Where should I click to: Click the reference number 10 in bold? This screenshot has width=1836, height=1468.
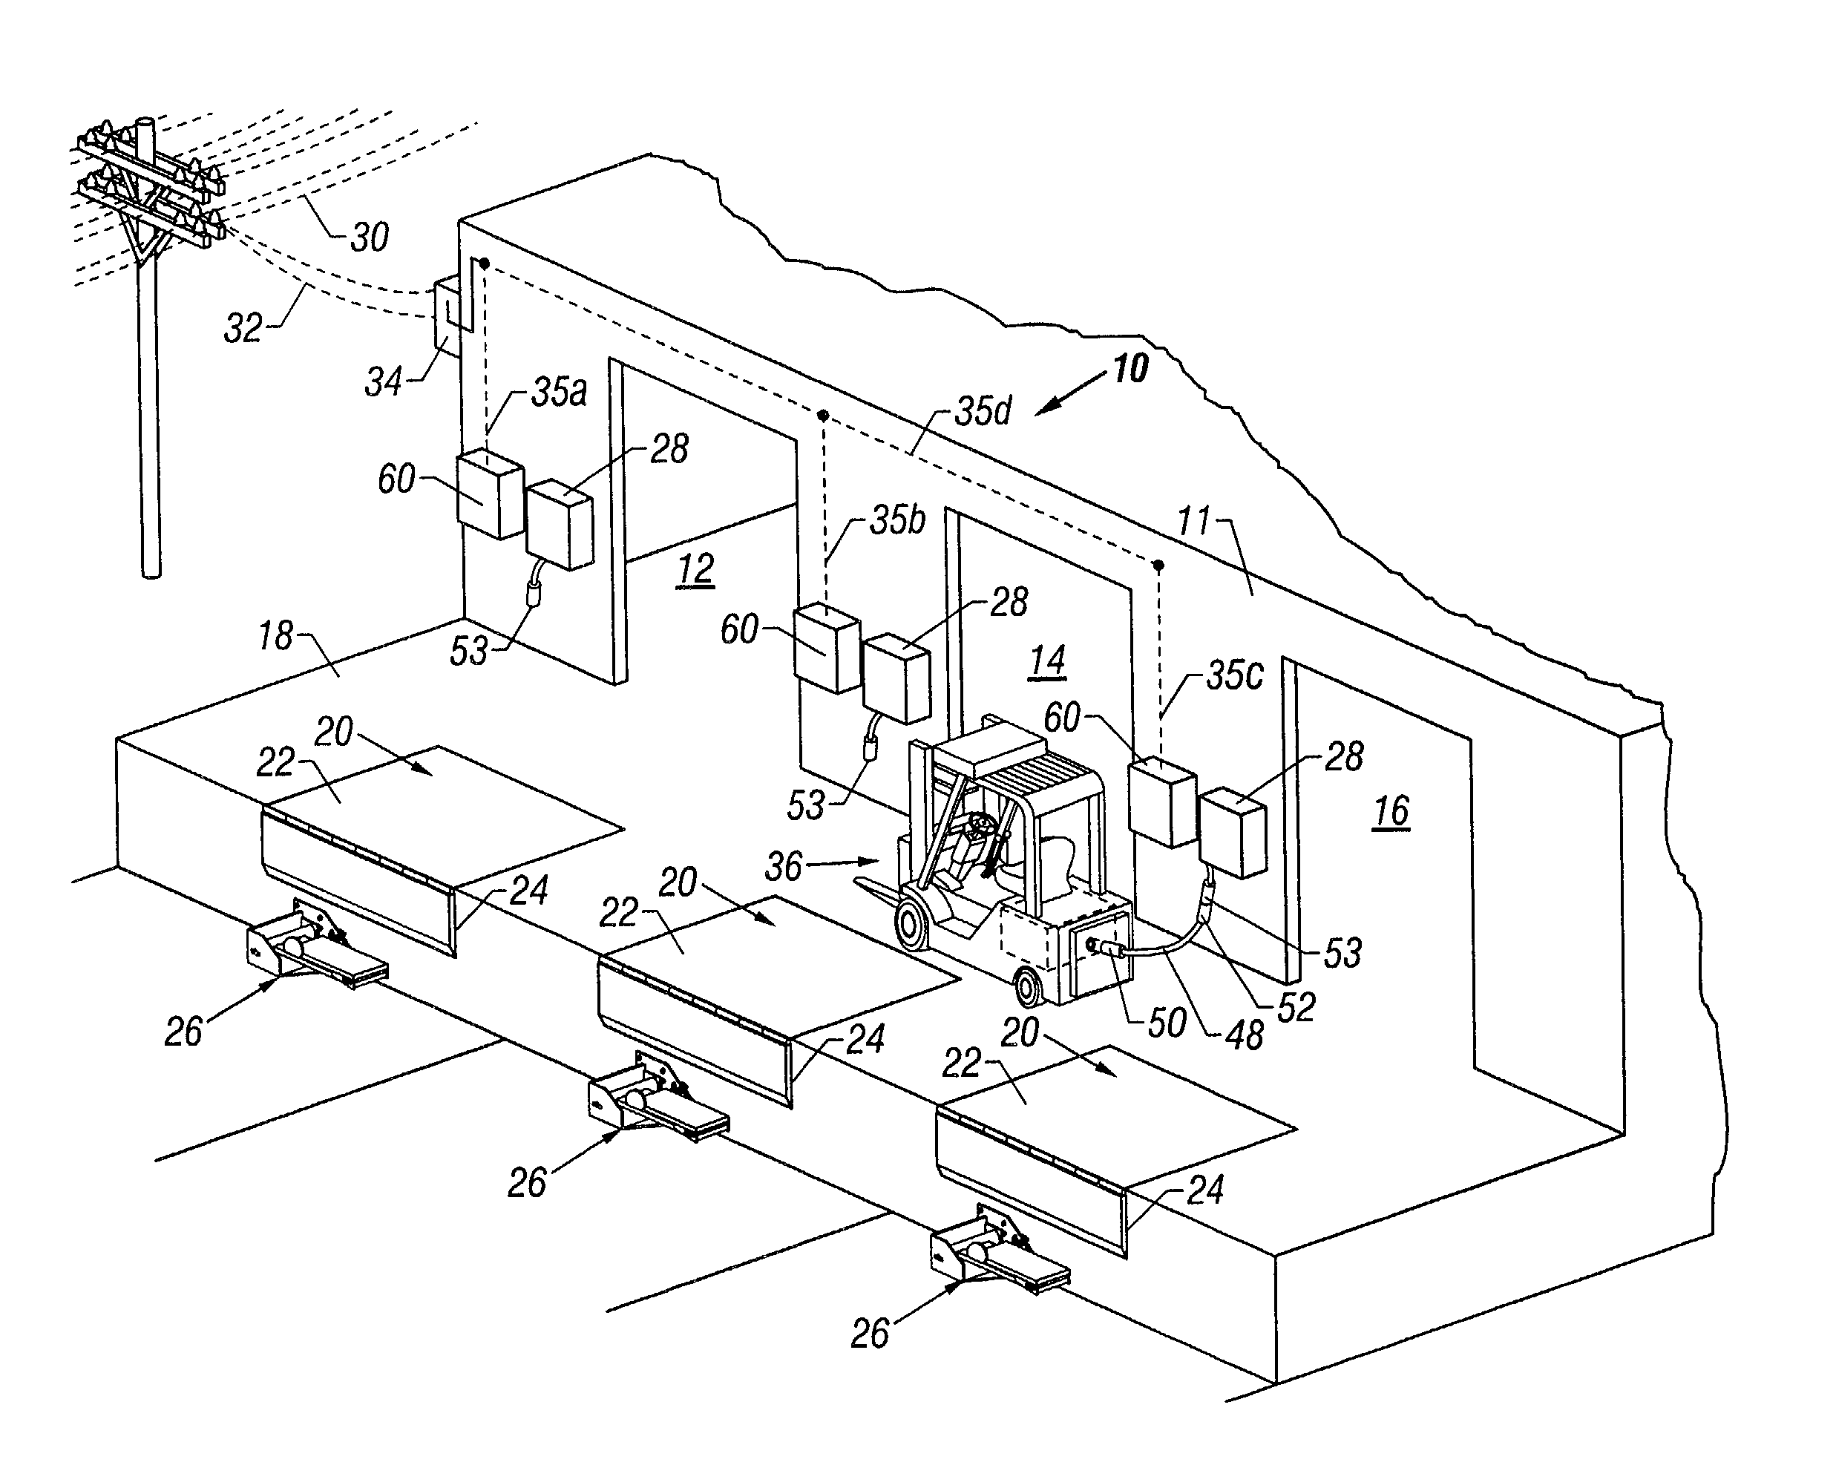1130,370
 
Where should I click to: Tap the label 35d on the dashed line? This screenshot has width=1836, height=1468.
983,411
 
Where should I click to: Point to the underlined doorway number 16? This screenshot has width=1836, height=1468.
1391,811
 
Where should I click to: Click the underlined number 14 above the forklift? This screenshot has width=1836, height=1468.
1047,661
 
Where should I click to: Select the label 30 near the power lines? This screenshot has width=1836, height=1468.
369,237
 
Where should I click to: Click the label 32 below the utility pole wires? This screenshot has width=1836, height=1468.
243,329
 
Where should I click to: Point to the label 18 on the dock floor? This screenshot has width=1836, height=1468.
275,636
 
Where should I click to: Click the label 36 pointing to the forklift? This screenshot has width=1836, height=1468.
783,867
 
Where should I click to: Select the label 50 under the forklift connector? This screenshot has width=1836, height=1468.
1167,1023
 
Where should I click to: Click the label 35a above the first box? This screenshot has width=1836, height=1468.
559,393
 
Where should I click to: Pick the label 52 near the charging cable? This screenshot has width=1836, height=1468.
1296,1008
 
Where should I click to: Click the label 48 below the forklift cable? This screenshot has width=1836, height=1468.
1244,1036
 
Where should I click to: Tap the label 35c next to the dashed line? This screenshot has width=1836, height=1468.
1235,676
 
